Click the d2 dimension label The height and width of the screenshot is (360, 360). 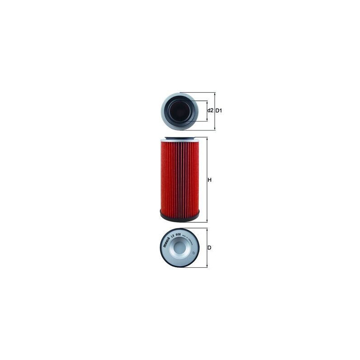pyautogui.click(x=210, y=111)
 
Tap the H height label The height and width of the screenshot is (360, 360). pyautogui.click(x=209, y=180)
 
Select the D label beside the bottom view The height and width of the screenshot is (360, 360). pyautogui.click(x=209, y=248)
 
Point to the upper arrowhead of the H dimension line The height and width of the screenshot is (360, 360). pyautogui.click(x=207, y=139)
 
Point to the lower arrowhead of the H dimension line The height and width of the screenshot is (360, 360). pyautogui.click(x=207, y=220)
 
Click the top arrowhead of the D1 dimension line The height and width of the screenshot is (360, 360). pyautogui.click(x=215, y=94)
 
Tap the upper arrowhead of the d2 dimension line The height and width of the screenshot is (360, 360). pyautogui.click(x=207, y=101)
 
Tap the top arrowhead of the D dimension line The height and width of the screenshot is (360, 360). pyautogui.click(x=207, y=229)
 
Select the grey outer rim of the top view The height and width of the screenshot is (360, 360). pyautogui.click(x=164, y=112)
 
